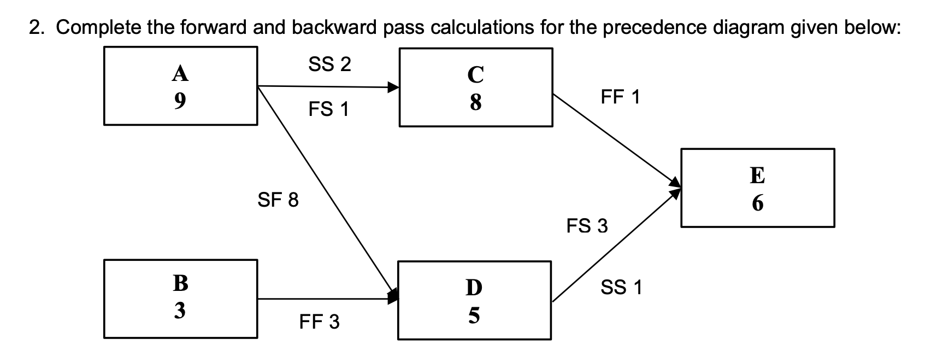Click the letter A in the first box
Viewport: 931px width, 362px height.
coord(180,73)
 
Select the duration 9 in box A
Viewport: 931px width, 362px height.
coord(180,101)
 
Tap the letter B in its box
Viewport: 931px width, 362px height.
coord(180,283)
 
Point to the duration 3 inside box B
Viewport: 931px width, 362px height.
coord(180,311)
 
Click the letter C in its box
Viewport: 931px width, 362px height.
coord(475,75)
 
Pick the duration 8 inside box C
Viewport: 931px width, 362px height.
coord(475,102)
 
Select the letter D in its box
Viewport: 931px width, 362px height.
coord(474,287)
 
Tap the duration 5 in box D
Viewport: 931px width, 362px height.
coord(474,315)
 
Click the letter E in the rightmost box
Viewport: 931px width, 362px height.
coord(757,176)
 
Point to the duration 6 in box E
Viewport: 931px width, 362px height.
coord(757,203)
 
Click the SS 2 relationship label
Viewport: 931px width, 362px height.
coord(329,65)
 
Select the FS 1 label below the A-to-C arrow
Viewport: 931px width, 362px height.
coord(328,110)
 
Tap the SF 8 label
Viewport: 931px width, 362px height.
coord(278,200)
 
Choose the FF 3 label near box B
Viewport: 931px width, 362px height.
coord(320,322)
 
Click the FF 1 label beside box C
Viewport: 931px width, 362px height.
coord(620,97)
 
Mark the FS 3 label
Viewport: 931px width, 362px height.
coord(587,226)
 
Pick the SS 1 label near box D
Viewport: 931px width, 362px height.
coord(621,287)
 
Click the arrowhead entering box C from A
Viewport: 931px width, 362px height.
coord(393,87)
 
